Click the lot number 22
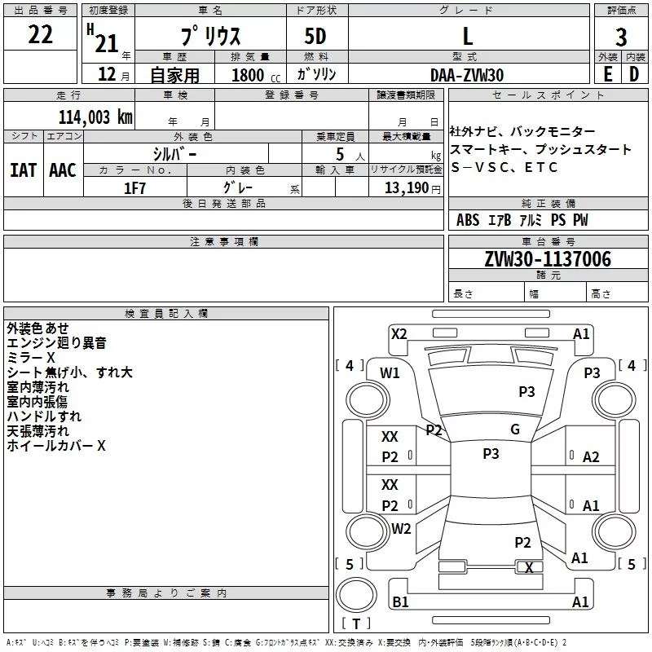coord(41,35)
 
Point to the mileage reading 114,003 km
coord(95,116)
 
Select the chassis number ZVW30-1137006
coord(548,259)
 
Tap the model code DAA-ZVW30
coord(467,74)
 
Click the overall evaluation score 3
coord(622,37)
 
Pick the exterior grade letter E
coord(607,74)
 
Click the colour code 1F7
coord(134,187)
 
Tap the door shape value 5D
coord(315,37)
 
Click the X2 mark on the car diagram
coord(399,333)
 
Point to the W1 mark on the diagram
coord(390,373)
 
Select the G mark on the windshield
coord(515,430)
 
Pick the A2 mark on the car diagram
coord(591,457)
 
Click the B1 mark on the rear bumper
coord(401,601)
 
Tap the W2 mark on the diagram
coord(401,528)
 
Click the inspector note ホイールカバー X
coord(56,446)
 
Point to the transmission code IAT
coord(23,170)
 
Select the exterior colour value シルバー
coord(174,153)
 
